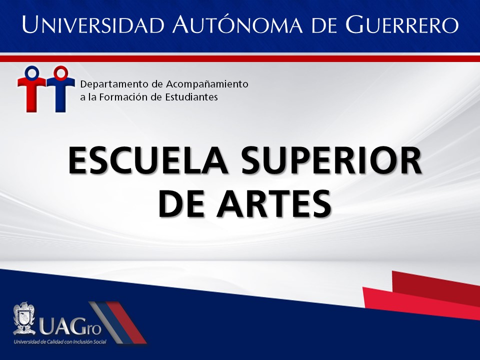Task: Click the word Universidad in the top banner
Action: pos(93,24)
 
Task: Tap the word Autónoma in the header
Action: pos(237,23)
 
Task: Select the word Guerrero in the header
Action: pos(402,24)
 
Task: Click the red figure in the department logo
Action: pos(32,89)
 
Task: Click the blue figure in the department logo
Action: pos(60,89)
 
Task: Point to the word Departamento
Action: pos(111,84)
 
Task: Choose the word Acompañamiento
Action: pos(207,84)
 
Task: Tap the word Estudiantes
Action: pos(191,97)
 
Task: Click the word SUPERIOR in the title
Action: pos(331,160)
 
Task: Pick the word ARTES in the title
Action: pos(274,203)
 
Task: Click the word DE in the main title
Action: pos(180,203)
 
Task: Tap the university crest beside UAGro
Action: pos(24,318)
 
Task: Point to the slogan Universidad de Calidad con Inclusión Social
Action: pos(59,341)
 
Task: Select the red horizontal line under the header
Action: pos(240,58)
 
